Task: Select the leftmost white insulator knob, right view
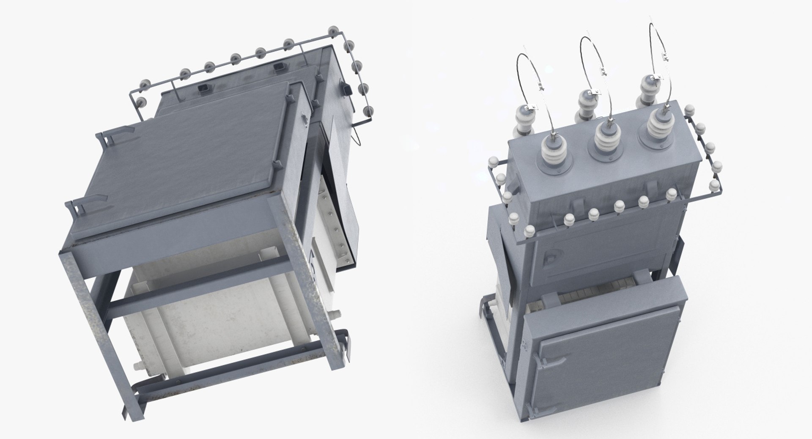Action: click(493, 163)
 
